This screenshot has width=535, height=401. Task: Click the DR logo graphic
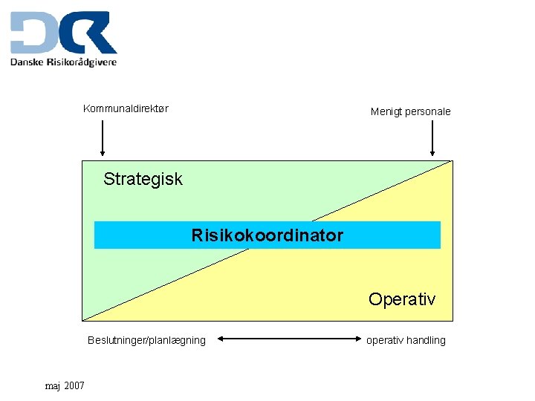pos(63,33)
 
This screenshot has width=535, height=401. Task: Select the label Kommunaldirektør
pos(126,108)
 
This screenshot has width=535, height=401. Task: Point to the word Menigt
pos(386,111)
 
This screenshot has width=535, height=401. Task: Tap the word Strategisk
pos(143,179)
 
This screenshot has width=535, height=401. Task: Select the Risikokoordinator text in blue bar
pos(267,235)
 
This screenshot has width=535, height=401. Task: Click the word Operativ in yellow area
pos(402,299)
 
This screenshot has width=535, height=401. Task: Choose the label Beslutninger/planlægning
pos(146,340)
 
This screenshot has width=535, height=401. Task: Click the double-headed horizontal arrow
pos(285,340)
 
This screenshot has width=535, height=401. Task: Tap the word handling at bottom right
pos(426,340)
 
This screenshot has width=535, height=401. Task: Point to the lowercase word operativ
pos(385,340)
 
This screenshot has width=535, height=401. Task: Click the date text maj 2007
pos(65,386)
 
